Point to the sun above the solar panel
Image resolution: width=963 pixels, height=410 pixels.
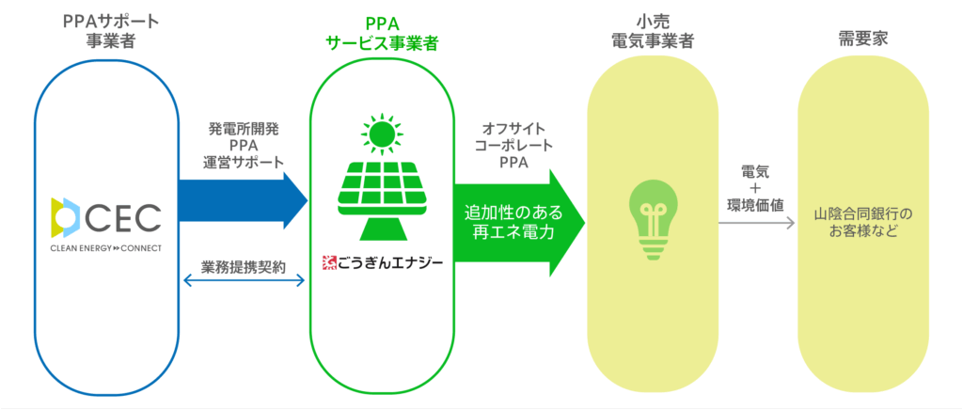pos(381,134)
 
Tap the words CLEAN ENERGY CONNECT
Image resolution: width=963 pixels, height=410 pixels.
pos(106,248)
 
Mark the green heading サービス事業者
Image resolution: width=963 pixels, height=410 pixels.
pos(381,44)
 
